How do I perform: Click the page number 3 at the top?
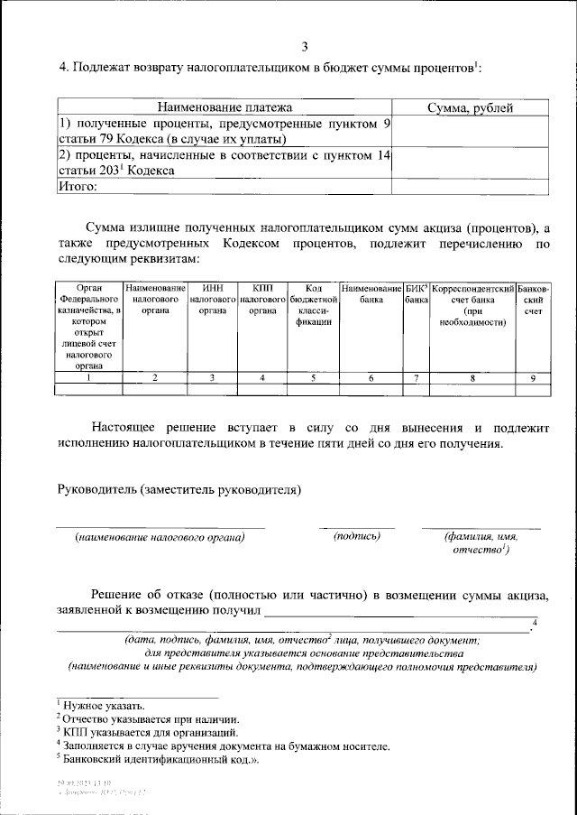[x=305, y=46]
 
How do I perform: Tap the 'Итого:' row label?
[x=78, y=187]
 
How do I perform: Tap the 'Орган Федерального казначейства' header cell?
[x=88, y=326]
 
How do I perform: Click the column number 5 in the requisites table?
[x=313, y=378]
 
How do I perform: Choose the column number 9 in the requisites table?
[x=533, y=378]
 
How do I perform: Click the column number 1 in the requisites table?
[x=88, y=378]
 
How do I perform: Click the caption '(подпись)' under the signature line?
[x=357, y=536]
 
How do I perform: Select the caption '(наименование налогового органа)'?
[x=160, y=537]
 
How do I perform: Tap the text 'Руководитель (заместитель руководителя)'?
[x=179, y=490]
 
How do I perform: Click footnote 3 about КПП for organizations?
[x=150, y=733]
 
